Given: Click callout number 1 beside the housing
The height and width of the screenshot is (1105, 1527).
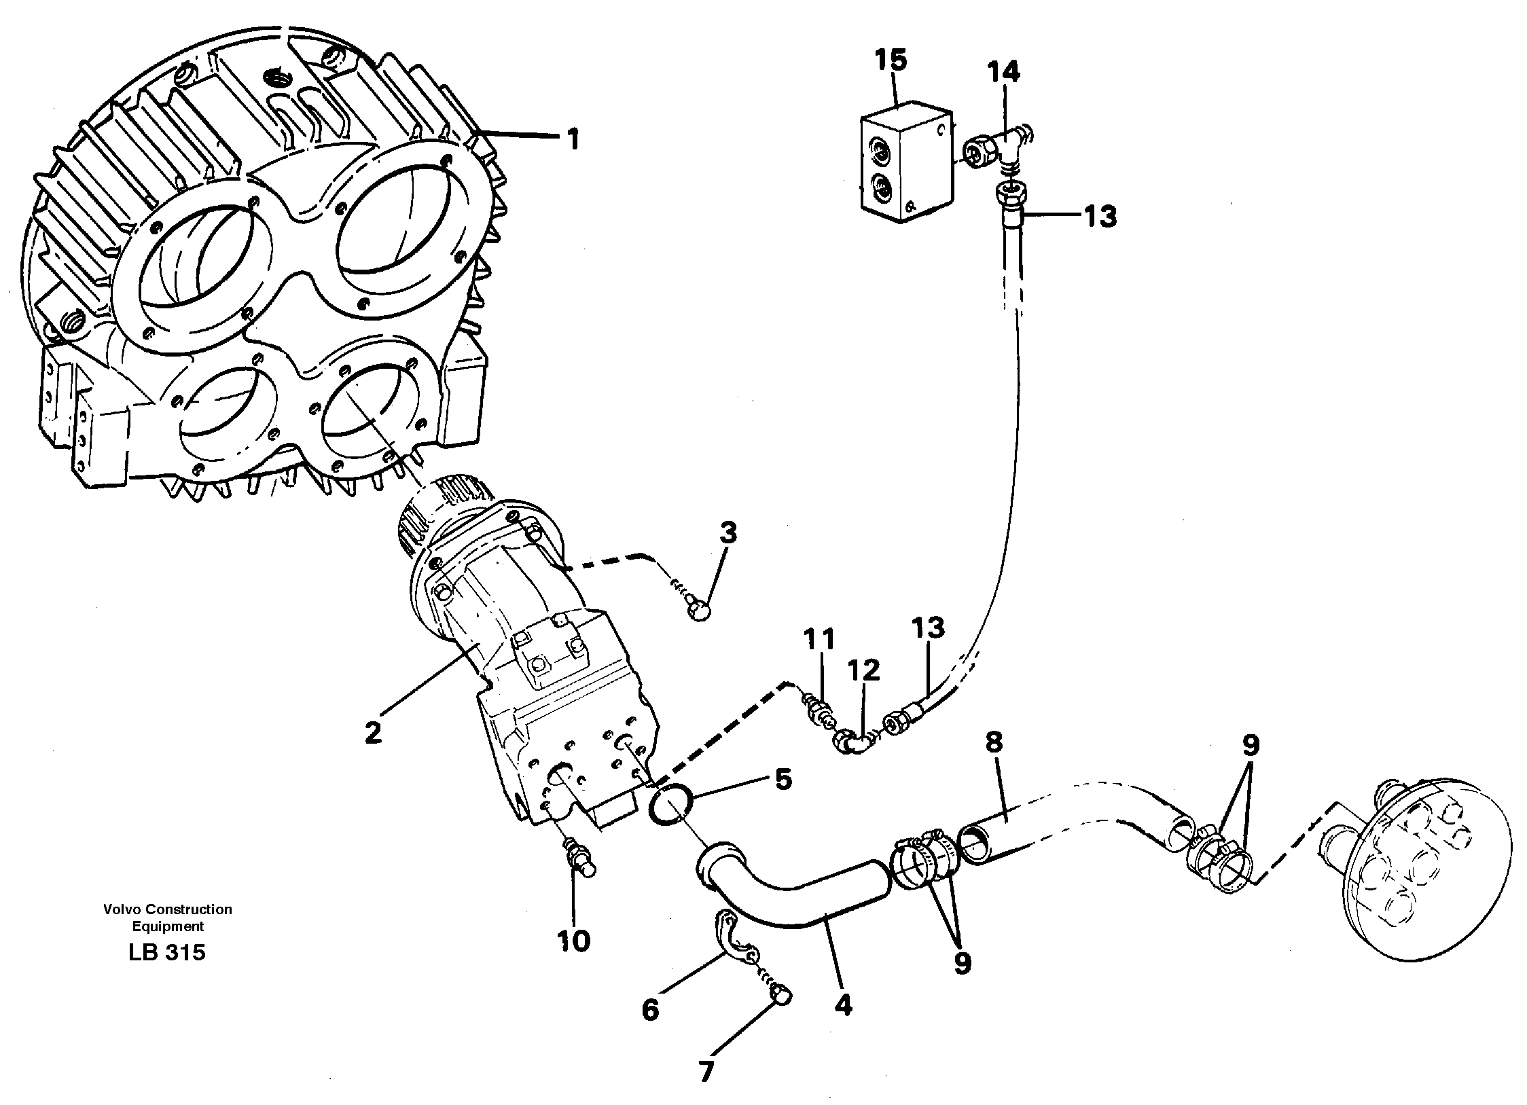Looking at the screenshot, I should click(573, 140).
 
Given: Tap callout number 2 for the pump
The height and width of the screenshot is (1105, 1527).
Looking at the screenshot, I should click(372, 733).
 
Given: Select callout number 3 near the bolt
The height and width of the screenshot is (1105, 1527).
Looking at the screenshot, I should click(727, 534).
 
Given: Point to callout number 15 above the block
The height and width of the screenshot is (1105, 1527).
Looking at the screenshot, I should click(891, 60).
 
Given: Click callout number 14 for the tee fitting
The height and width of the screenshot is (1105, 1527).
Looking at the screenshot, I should click(1003, 71).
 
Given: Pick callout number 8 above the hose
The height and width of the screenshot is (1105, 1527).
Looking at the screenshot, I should click(994, 743).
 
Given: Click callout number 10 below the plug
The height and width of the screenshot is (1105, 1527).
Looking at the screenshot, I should click(574, 942).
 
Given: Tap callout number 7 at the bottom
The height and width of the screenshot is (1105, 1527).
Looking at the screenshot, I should click(706, 1072).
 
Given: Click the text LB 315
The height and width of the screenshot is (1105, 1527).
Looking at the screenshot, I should click(166, 953).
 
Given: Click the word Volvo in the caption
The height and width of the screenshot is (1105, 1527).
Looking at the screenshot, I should click(120, 909).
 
